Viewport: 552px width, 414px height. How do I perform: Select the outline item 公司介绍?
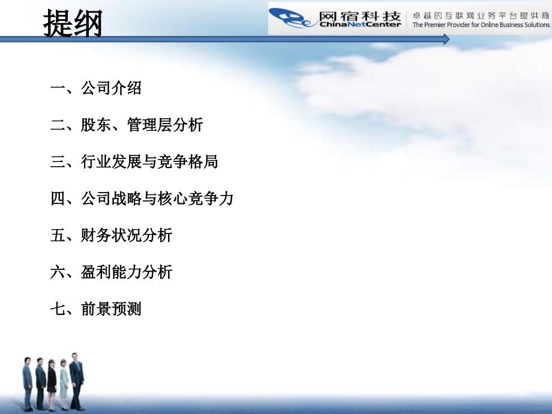111,89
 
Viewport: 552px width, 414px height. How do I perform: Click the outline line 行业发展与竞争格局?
149,162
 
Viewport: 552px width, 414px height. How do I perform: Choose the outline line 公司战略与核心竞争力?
157,199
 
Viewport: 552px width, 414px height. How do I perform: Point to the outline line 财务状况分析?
127,235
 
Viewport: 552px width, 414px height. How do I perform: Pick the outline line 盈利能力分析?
127,272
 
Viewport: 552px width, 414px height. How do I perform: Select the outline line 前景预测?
111,310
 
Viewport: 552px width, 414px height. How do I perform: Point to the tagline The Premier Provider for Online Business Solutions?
481,25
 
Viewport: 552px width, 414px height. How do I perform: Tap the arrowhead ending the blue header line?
446,39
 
